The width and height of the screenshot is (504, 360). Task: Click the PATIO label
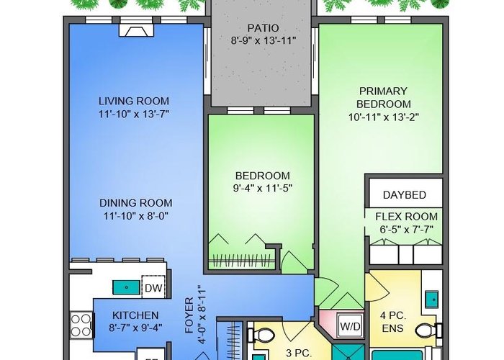[x=263, y=28]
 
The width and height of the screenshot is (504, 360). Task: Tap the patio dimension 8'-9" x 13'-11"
[x=263, y=41]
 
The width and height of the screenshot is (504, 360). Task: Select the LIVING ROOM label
[x=134, y=101]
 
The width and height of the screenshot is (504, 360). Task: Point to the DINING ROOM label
[x=135, y=203]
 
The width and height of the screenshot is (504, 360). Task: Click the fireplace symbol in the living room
[x=136, y=30]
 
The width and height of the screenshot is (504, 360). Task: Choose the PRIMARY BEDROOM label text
[x=384, y=98]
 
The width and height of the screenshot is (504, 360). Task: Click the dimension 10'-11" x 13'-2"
[x=384, y=117]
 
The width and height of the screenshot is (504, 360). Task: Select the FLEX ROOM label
[x=406, y=217]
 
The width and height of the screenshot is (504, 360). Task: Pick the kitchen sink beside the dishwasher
[x=126, y=287]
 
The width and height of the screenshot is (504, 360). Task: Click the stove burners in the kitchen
[x=81, y=325]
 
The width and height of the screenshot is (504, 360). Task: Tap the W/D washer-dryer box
[x=351, y=326]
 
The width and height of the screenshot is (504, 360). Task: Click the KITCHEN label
[x=135, y=315]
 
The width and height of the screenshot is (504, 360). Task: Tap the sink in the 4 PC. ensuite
[x=433, y=300]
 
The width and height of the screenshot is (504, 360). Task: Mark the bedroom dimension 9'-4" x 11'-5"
[x=263, y=189]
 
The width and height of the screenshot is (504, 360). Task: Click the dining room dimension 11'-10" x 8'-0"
[x=136, y=216]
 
